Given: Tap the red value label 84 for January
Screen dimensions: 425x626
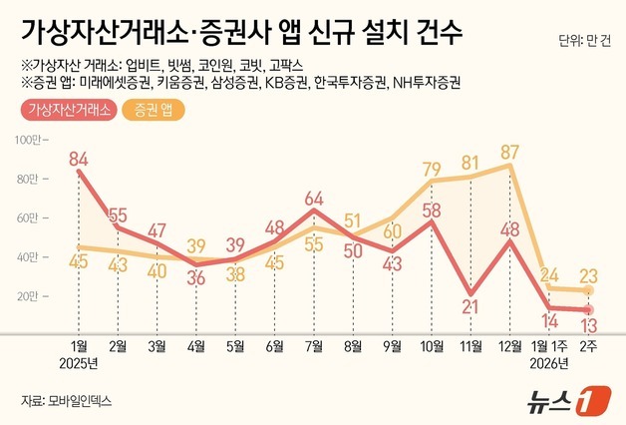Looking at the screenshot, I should click(80, 157).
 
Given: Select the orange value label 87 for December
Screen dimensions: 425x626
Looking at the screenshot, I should click(511, 153).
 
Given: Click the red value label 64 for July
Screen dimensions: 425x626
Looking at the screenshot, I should click(315, 197).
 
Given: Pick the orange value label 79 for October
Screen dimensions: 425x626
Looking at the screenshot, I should click(433, 168).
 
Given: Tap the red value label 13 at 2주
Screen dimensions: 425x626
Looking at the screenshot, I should click(590, 325).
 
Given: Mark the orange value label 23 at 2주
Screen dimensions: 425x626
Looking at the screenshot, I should click(588, 276).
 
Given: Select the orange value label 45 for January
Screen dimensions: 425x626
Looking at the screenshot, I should click(80, 261).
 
